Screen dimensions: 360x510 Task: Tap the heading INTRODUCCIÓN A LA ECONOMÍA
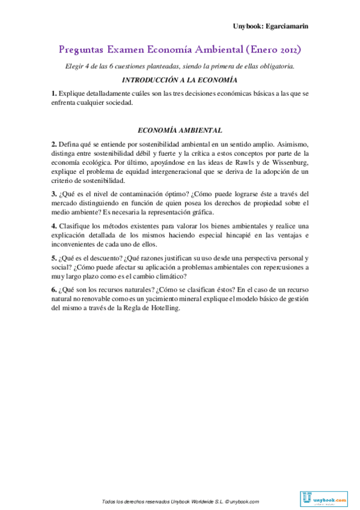coord(180,80)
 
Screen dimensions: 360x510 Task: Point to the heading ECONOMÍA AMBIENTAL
coord(180,130)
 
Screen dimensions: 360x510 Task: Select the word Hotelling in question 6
coord(162,308)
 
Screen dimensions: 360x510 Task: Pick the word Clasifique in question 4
coord(75,226)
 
